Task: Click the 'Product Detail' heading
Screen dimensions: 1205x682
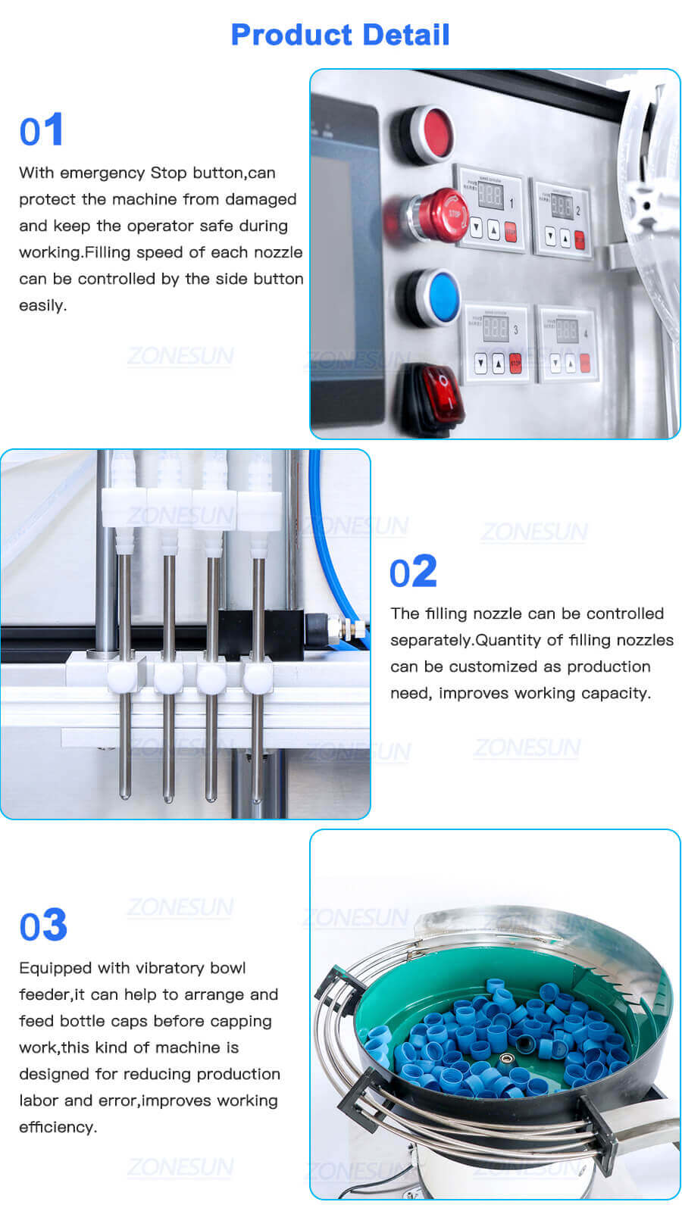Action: coord(340,35)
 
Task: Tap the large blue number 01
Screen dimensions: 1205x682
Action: coord(42,130)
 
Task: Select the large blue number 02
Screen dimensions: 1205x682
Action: coord(413,572)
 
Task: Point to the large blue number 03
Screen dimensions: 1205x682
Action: coord(43,926)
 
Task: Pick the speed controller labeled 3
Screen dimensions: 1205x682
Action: coord(496,342)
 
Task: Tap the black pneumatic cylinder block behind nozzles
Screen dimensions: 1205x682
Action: coord(261,628)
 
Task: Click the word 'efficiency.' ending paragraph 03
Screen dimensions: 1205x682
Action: coord(58,1127)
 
